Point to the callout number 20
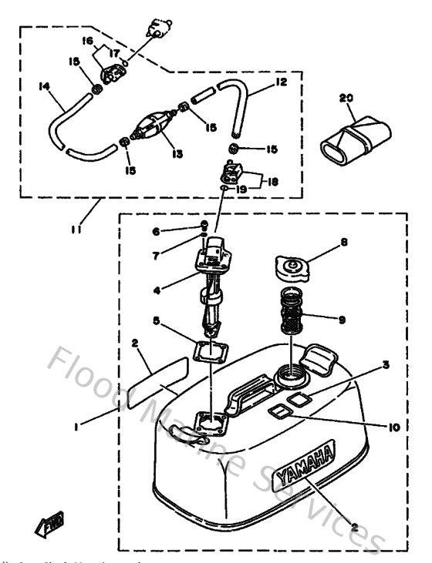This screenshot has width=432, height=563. click(347, 99)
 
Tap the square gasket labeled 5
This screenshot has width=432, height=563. click(210, 351)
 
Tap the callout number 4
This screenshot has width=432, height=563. click(157, 290)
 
